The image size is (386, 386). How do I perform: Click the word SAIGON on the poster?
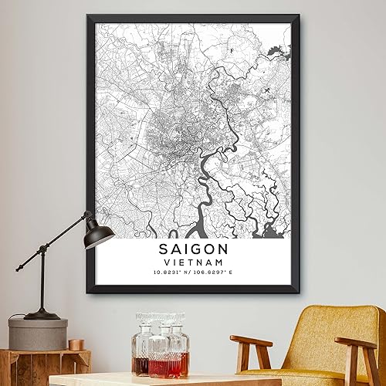point(193,250)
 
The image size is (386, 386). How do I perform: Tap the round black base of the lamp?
point(42,314)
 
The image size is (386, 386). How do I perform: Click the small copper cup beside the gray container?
point(76,344)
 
